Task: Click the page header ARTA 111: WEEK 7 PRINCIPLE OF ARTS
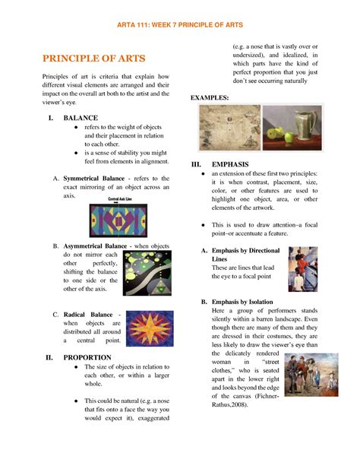pyautogui.click(x=180, y=24)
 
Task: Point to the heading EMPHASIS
pyautogui.click(x=232, y=163)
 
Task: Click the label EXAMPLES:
pyautogui.click(x=210, y=98)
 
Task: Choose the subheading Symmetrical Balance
pyautogui.click(x=93, y=178)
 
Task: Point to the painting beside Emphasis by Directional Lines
pyautogui.click(x=303, y=268)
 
